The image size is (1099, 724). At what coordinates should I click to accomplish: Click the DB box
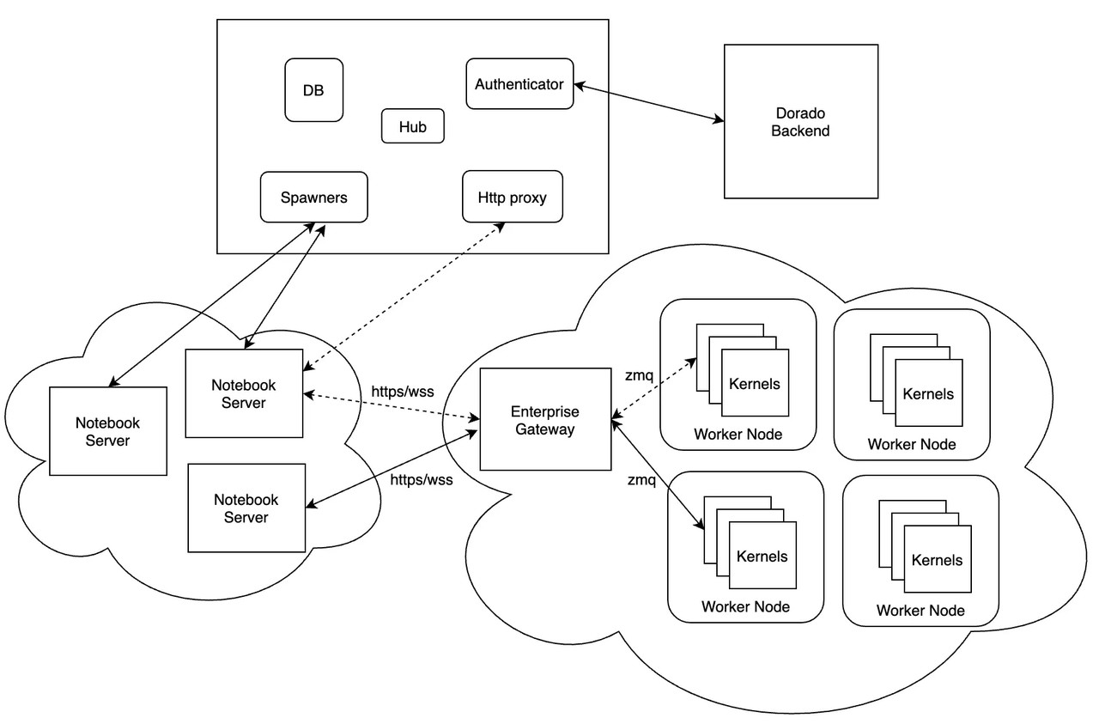313,89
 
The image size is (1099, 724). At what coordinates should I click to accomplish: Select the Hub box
412,126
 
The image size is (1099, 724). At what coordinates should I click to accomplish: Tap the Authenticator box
519,84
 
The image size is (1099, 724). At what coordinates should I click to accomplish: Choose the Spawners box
313,198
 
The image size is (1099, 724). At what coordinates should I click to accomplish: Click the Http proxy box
512,198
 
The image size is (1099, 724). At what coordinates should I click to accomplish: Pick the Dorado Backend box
800,122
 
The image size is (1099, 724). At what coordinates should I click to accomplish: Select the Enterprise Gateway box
544,420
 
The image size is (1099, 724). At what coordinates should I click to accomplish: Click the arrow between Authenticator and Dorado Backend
648,102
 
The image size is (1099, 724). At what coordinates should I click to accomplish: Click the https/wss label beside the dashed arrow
402,391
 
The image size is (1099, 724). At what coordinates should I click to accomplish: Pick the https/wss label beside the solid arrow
421,480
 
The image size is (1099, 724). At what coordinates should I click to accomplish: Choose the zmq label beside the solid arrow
641,479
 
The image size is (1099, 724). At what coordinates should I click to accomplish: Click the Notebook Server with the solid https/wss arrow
246,508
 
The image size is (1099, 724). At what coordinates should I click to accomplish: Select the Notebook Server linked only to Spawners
107,431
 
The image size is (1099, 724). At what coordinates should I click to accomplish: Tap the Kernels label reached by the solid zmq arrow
762,557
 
